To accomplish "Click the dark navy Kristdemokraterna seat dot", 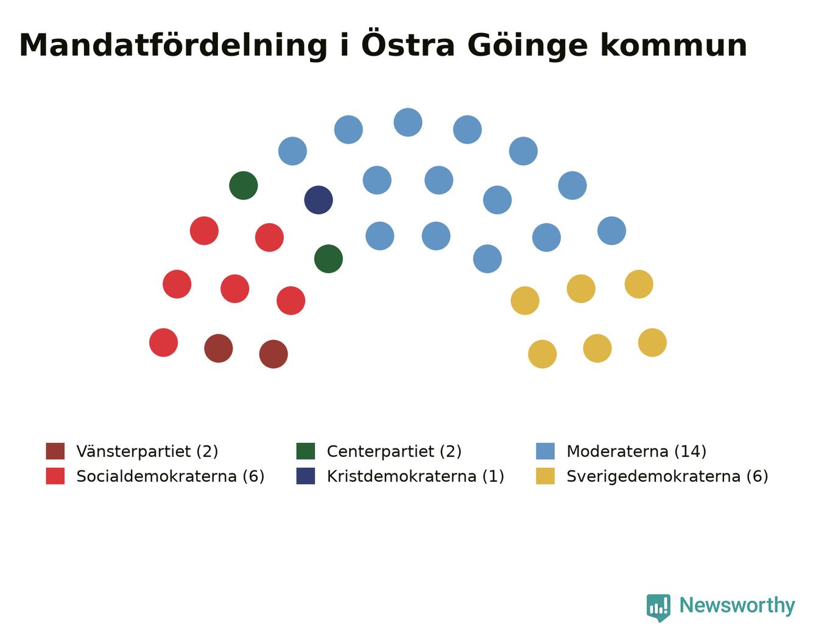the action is pyautogui.click(x=318, y=200).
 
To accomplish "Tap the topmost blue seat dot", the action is pyautogui.click(x=408, y=122).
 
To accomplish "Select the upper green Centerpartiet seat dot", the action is pyautogui.click(x=244, y=185).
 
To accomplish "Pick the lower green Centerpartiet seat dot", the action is pyautogui.click(x=328, y=258).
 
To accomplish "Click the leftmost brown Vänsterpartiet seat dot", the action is pyautogui.click(x=218, y=349).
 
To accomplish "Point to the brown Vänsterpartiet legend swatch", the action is pyautogui.click(x=55, y=451).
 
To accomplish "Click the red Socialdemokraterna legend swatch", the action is pyautogui.click(x=55, y=476).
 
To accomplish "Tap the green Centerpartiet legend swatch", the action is pyautogui.click(x=305, y=451).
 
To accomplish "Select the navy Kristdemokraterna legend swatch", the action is pyautogui.click(x=305, y=476).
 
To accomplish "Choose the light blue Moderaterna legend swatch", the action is pyautogui.click(x=545, y=451).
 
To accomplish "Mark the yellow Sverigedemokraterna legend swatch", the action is pyautogui.click(x=545, y=476).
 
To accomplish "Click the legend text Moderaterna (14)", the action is pyautogui.click(x=636, y=452).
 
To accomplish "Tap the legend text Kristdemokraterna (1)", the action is pyautogui.click(x=415, y=476).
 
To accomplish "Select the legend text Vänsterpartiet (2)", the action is pyautogui.click(x=147, y=452).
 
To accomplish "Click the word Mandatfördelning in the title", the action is pyautogui.click(x=173, y=46).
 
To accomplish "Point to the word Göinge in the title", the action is pyautogui.click(x=527, y=46).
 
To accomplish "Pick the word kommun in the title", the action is pyautogui.click(x=674, y=46).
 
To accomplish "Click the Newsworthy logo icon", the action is pyautogui.click(x=658, y=608).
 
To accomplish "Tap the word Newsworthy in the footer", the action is pyautogui.click(x=737, y=606).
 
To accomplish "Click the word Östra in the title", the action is pyautogui.click(x=408, y=43).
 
